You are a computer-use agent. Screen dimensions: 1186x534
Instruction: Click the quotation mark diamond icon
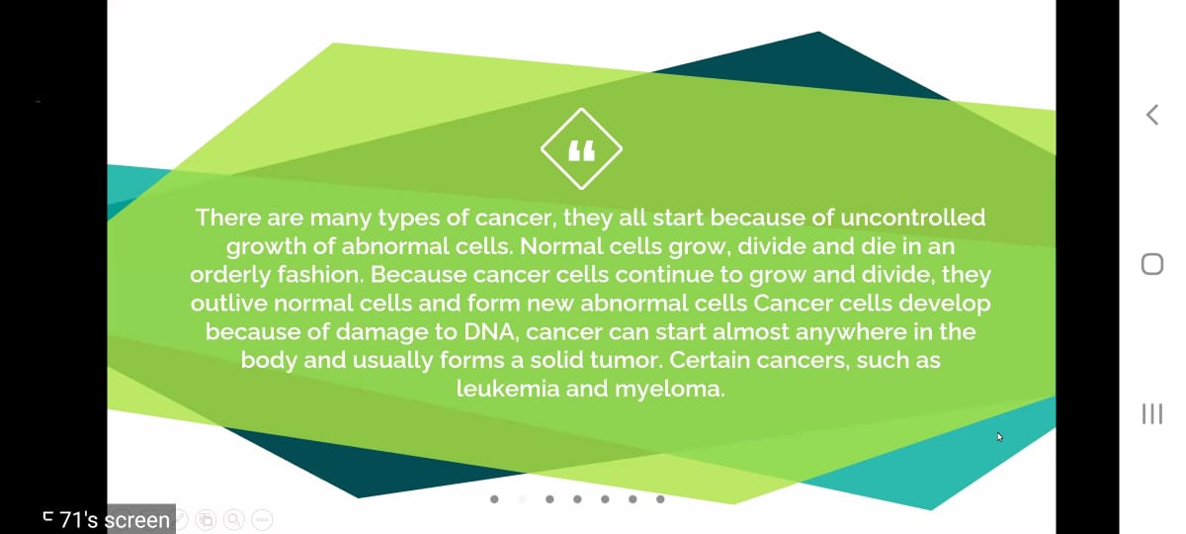pos(581,149)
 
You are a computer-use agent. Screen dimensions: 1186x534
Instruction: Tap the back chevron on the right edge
pos(1152,115)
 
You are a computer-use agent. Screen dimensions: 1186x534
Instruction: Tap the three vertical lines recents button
pos(1152,413)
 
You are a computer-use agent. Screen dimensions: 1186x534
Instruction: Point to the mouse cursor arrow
pos(999,437)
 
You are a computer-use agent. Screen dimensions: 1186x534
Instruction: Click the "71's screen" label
pos(115,520)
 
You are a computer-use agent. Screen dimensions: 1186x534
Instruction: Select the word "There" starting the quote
pos(228,218)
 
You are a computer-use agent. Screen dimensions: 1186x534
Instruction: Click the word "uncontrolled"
pos(913,218)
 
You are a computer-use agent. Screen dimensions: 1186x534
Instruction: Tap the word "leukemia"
pos(508,389)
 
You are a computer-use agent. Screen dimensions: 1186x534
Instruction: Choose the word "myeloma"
pos(669,390)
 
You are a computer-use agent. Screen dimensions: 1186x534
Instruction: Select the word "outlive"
pos(228,304)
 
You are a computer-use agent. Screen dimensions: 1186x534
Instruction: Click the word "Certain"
pos(710,360)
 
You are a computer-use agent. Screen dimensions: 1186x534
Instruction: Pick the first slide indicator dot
pos(494,499)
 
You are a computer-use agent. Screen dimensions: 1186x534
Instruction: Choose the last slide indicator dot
pos(660,499)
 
